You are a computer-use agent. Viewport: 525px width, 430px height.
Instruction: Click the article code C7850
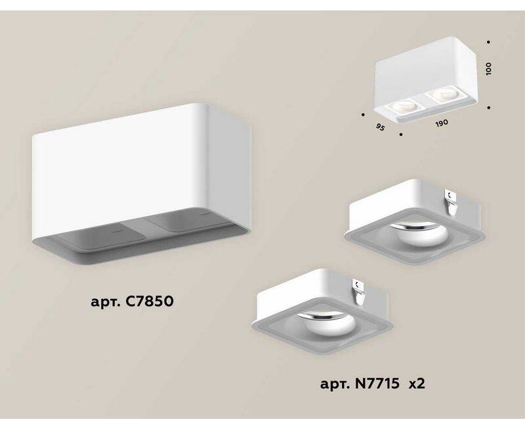click(150, 301)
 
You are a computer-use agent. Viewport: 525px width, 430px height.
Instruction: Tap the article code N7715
click(377, 383)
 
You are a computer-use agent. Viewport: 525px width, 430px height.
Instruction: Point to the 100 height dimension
click(488, 69)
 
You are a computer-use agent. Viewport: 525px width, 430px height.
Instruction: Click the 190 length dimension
click(442, 123)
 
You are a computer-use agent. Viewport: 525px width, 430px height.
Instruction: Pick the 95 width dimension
click(380, 127)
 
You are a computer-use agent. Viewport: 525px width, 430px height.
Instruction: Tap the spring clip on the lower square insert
click(358, 291)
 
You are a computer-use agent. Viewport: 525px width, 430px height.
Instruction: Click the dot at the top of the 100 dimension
click(489, 42)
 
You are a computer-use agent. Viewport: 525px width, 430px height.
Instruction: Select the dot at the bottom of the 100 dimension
click(489, 108)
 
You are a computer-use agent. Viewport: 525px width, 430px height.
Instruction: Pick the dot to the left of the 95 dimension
click(363, 114)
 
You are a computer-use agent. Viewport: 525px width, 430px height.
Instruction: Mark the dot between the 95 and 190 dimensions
click(401, 135)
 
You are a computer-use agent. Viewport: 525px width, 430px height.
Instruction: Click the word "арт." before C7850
click(106, 303)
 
